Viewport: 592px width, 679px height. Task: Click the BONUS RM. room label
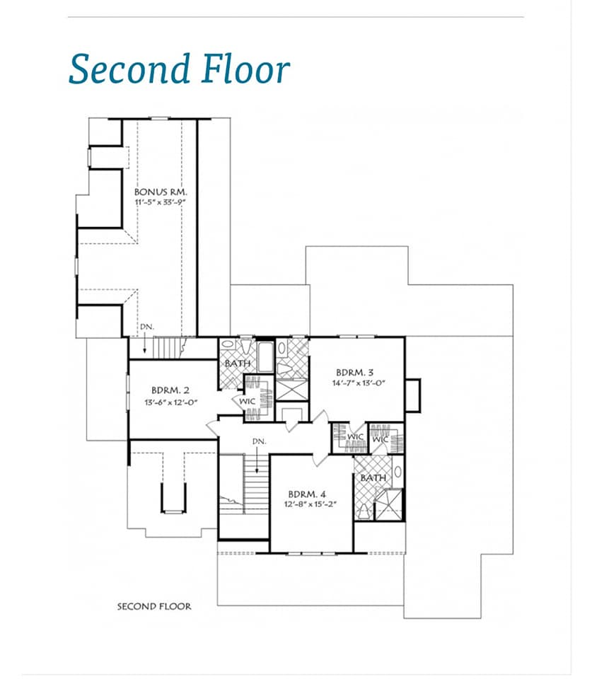161,192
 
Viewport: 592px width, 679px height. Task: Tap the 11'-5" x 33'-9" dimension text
161,202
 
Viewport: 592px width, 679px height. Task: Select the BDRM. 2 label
170,390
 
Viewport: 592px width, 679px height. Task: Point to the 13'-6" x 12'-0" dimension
170,402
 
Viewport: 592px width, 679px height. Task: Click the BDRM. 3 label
354,372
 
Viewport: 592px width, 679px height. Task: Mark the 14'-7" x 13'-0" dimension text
359,383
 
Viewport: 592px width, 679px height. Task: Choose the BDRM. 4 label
307,494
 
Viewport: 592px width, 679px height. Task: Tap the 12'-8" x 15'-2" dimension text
310,504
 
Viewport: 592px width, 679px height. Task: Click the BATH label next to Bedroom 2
238,364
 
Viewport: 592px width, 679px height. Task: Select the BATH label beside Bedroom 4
373,477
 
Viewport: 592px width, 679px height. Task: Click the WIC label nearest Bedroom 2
248,402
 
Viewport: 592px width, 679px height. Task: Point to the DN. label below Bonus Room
147,327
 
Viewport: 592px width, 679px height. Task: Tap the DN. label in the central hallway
260,441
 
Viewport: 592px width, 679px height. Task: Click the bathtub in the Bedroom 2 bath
265,357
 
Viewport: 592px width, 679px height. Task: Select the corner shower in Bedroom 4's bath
388,504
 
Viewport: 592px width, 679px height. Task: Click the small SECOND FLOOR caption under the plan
154,606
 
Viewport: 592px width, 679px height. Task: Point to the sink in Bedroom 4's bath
397,471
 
